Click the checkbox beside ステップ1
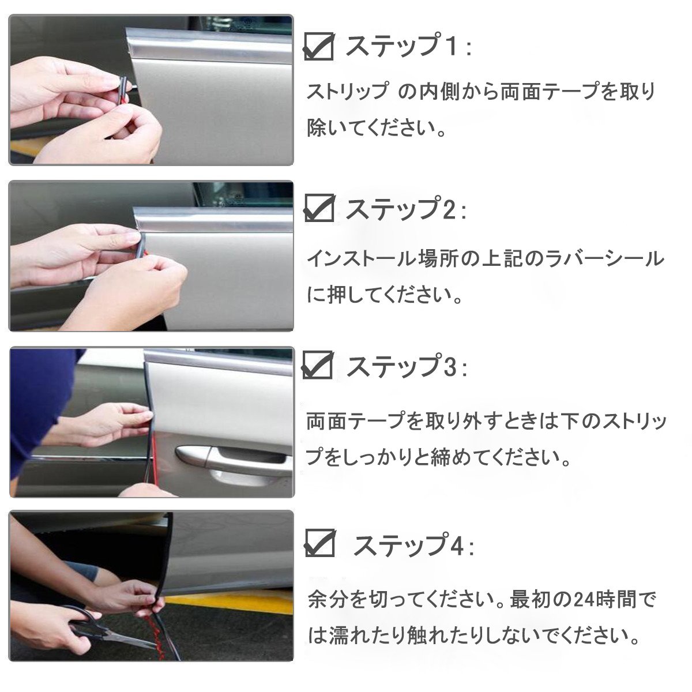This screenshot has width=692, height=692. click(x=318, y=47)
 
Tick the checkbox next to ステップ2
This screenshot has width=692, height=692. click(x=318, y=208)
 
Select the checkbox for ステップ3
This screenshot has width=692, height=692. click(x=318, y=365)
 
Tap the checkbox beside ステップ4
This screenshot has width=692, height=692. click(x=319, y=543)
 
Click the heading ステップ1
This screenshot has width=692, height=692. click(x=408, y=46)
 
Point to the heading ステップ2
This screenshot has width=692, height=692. click(x=406, y=208)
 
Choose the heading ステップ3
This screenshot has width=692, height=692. click(x=407, y=366)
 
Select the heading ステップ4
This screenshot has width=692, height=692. click(x=413, y=545)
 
